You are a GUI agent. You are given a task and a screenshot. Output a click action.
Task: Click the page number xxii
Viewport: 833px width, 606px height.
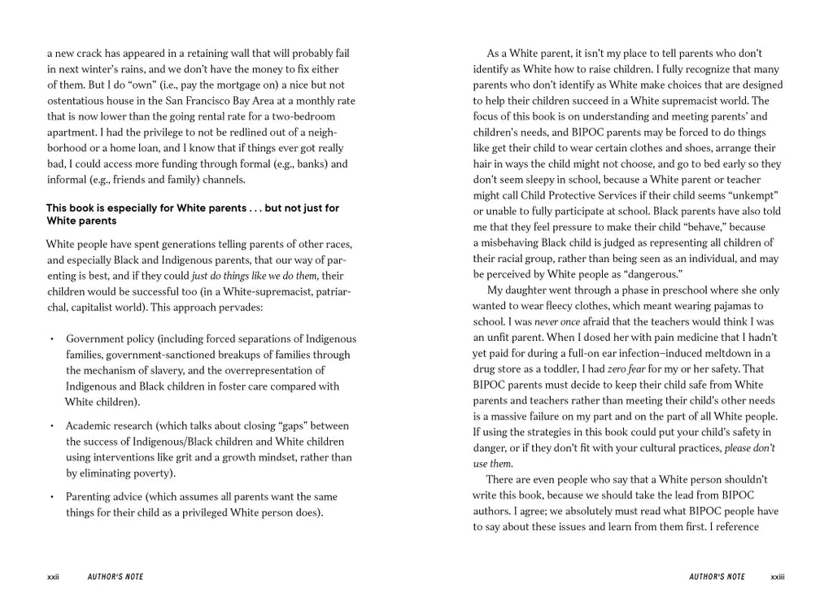(54, 577)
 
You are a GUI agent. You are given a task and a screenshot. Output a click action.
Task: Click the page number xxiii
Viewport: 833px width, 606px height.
(778, 577)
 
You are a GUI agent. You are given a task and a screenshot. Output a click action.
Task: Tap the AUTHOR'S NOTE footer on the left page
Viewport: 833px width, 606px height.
(116, 577)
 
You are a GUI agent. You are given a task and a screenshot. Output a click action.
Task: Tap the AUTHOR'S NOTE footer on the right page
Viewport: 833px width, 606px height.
(717, 577)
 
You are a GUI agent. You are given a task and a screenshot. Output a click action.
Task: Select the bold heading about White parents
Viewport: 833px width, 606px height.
(193, 214)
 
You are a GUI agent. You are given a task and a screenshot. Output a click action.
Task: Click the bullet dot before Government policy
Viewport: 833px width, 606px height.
(51, 339)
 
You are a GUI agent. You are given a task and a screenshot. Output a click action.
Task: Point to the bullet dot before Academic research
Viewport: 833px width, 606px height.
(51, 426)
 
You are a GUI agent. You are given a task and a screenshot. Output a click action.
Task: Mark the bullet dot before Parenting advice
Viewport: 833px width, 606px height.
(51, 497)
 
